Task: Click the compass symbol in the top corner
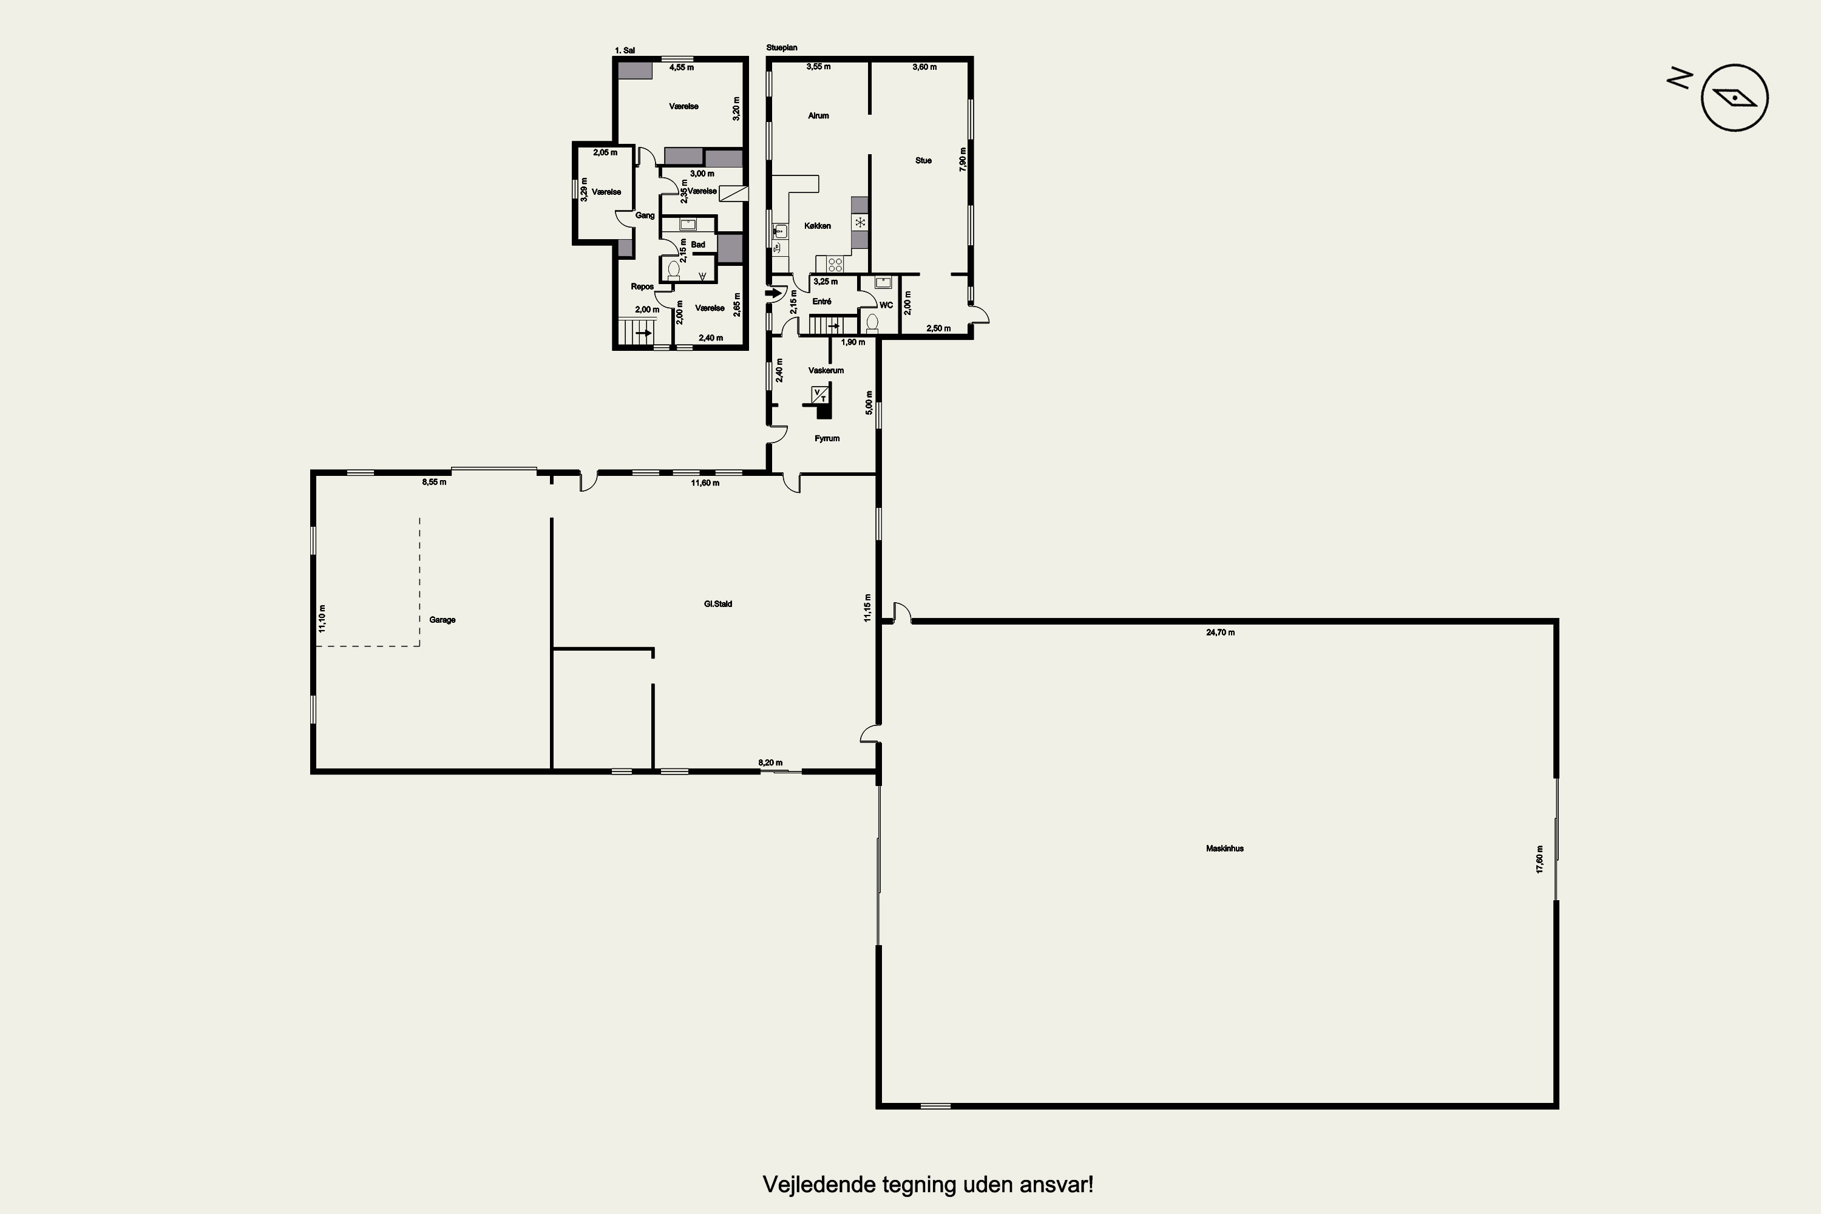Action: click(x=1734, y=98)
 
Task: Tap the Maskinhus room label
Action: click(x=1225, y=849)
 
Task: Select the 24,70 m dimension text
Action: click(x=1220, y=632)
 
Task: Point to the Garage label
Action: click(x=442, y=620)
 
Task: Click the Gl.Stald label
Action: click(x=717, y=604)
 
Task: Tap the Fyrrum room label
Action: click(x=827, y=438)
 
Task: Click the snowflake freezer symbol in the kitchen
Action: click(x=860, y=222)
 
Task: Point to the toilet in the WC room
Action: click(x=873, y=322)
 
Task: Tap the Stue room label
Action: click(x=923, y=161)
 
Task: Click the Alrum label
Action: click(x=818, y=116)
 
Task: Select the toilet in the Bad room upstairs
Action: click(x=673, y=270)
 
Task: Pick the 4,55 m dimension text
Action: click(x=681, y=67)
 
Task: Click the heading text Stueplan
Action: click(x=781, y=48)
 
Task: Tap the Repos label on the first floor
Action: click(x=642, y=287)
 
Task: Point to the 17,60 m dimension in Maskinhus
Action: click(x=1540, y=860)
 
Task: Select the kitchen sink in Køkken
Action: click(x=779, y=231)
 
